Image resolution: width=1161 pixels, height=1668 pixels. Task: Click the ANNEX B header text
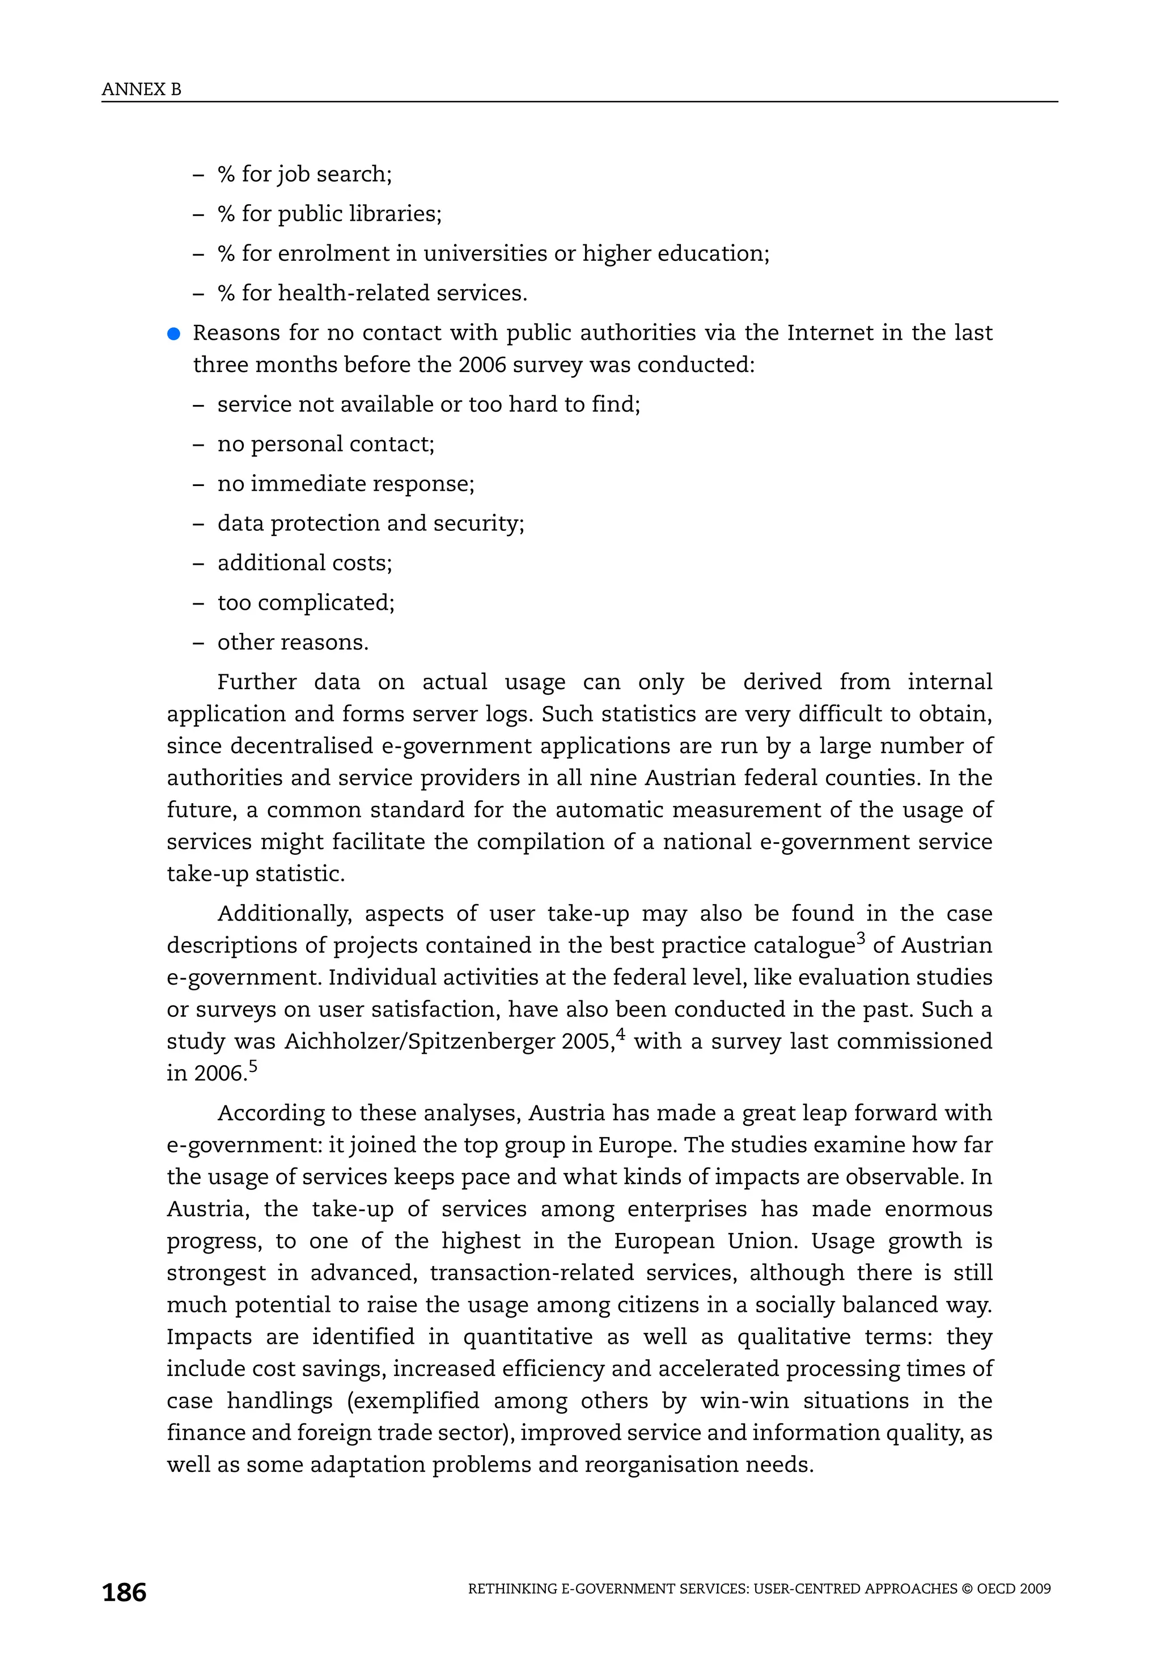[x=142, y=90]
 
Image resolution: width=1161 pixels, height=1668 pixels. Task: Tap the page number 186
[x=124, y=1593]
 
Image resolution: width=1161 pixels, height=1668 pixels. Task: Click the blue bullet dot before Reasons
[x=173, y=333]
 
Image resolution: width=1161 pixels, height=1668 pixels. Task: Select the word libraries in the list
[x=395, y=214]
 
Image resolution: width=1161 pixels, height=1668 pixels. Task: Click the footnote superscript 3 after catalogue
[x=861, y=937]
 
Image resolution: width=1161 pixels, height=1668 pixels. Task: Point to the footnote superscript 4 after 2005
[x=621, y=1033]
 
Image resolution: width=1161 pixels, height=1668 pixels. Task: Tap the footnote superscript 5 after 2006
[x=253, y=1065]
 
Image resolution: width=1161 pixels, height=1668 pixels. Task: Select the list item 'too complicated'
[x=306, y=602]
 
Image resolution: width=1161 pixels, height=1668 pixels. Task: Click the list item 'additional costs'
[x=304, y=563]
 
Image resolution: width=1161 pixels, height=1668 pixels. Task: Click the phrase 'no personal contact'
[x=325, y=444]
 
